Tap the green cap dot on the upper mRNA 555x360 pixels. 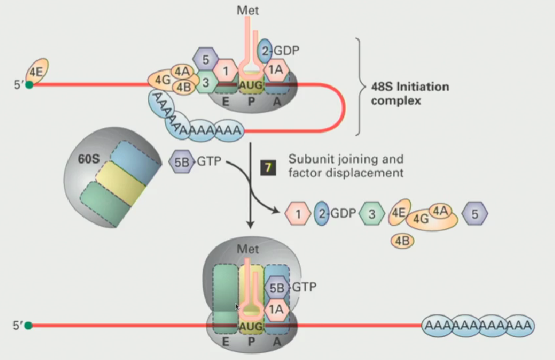coord(29,85)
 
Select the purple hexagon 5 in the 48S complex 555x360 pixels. coord(205,60)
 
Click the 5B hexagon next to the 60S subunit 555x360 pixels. coord(181,162)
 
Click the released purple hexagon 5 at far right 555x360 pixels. coord(473,213)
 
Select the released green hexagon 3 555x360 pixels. coord(371,213)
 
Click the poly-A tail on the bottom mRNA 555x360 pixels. coord(478,325)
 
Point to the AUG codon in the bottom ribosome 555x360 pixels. coord(251,327)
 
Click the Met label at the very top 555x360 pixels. coord(249,10)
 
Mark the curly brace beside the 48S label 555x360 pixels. coord(360,85)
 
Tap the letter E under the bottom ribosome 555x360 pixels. coord(225,343)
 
